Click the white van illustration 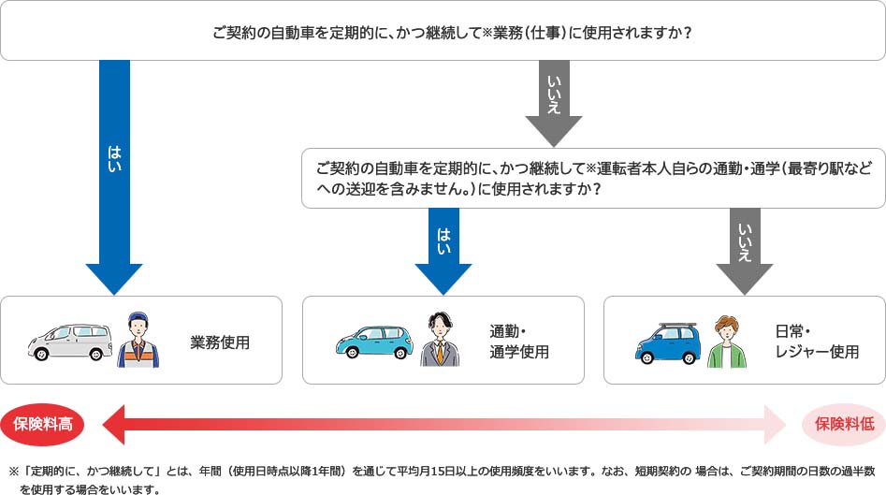[x=69, y=342]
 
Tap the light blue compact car [x=374, y=342]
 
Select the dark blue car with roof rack [x=667, y=343]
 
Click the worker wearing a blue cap [x=138, y=340]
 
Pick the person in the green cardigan [x=727, y=342]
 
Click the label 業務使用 [x=220, y=342]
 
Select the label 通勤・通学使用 [x=518, y=342]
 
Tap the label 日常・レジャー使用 [x=817, y=342]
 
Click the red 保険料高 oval [x=42, y=424]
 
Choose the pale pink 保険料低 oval [x=844, y=424]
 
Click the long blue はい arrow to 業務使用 [x=114, y=177]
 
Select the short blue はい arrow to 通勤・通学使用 [x=443, y=251]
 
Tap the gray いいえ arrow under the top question [x=554, y=104]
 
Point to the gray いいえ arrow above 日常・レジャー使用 [x=745, y=251]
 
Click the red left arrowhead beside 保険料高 [x=113, y=425]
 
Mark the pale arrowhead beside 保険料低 [x=775, y=425]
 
